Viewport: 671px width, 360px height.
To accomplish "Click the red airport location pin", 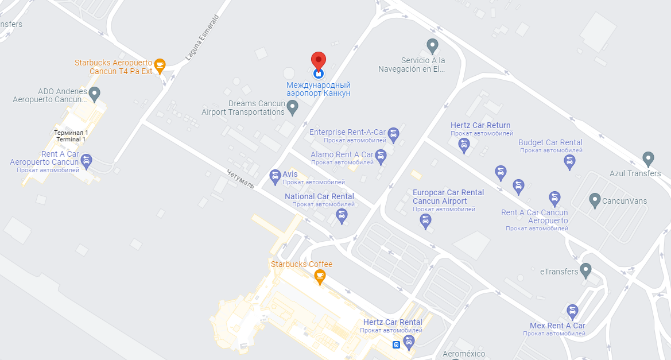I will pos(318,61).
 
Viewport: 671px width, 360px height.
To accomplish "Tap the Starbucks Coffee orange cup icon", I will pos(320,277).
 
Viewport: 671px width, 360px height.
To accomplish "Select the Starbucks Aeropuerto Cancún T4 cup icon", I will pos(160,64).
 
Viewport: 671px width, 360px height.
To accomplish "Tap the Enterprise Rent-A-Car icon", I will pos(393,134).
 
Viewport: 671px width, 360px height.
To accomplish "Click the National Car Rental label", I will pos(319,196).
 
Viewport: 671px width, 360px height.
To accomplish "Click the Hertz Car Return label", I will pos(480,125).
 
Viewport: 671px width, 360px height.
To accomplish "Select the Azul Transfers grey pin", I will pos(648,158).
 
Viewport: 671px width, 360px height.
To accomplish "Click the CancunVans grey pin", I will pos(595,200).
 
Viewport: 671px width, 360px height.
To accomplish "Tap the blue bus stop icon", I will pos(396,345).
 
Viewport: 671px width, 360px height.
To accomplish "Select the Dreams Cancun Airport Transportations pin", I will pos(292,106).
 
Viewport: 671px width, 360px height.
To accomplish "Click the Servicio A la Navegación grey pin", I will pos(433,45).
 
